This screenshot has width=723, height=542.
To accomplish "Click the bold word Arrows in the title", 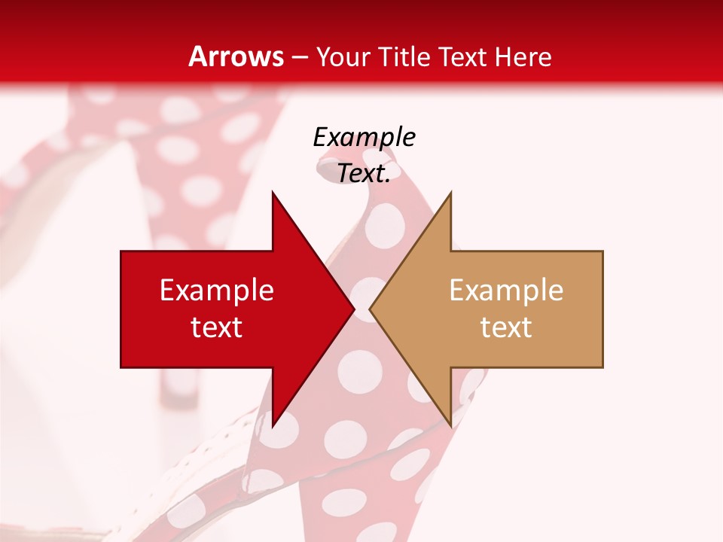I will (x=236, y=56).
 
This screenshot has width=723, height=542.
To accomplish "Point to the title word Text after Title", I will (x=462, y=56).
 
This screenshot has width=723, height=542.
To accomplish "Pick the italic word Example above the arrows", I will (x=365, y=137).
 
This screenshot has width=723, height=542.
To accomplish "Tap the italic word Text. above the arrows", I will (x=364, y=173).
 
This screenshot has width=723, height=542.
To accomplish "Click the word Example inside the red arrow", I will (x=217, y=291).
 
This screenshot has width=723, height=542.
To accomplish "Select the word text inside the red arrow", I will (x=217, y=327).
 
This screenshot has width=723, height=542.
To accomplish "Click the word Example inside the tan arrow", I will (x=506, y=291).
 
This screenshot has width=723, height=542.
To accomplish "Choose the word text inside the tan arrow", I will (x=506, y=327).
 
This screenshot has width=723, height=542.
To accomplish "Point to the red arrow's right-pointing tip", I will (x=354, y=309).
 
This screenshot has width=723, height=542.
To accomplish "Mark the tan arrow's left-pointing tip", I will (x=370, y=309).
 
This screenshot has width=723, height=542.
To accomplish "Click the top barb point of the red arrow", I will (x=273, y=192).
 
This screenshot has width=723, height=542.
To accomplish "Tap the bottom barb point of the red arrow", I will (x=273, y=427).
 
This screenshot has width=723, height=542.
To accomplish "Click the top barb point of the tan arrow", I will (x=450, y=192).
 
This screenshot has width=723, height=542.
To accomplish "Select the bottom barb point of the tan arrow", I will (x=450, y=427).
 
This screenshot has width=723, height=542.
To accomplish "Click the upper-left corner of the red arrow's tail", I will (x=121, y=251).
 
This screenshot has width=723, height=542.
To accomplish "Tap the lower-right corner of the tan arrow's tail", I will (x=602, y=367).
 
